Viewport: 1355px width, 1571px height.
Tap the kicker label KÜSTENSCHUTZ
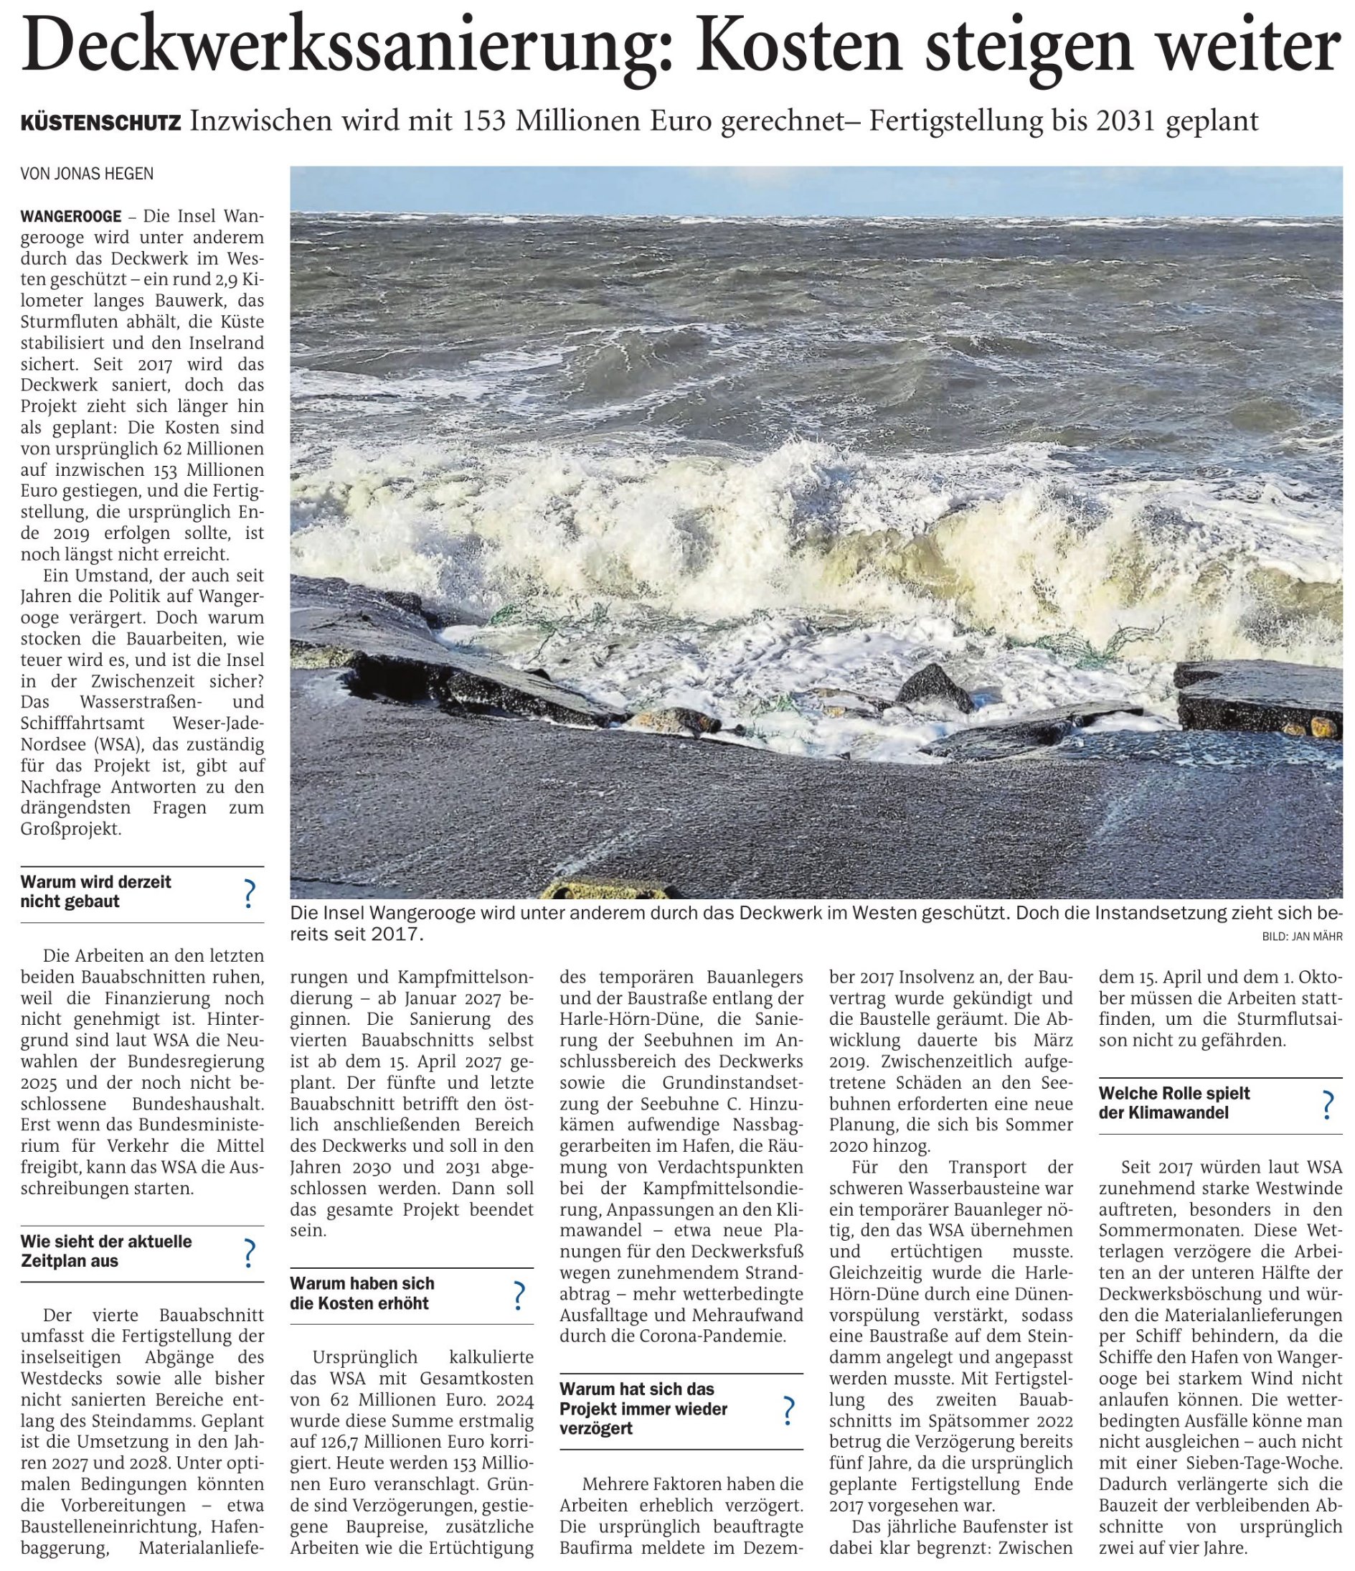pyautogui.click(x=101, y=123)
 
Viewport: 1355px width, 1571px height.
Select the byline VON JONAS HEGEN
pyautogui.click(x=86, y=174)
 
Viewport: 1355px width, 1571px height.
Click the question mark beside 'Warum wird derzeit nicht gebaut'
pyautogui.click(x=247, y=894)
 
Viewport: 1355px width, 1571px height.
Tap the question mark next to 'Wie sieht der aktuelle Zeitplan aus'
pyautogui.click(x=247, y=1254)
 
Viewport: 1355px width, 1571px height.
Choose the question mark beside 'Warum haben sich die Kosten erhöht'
pyautogui.click(x=519, y=1296)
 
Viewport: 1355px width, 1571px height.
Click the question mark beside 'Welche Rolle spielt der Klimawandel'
pyautogui.click(x=1327, y=1105)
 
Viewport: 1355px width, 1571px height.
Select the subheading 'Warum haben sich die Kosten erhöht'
pyautogui.click(x=362, y=1293)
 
